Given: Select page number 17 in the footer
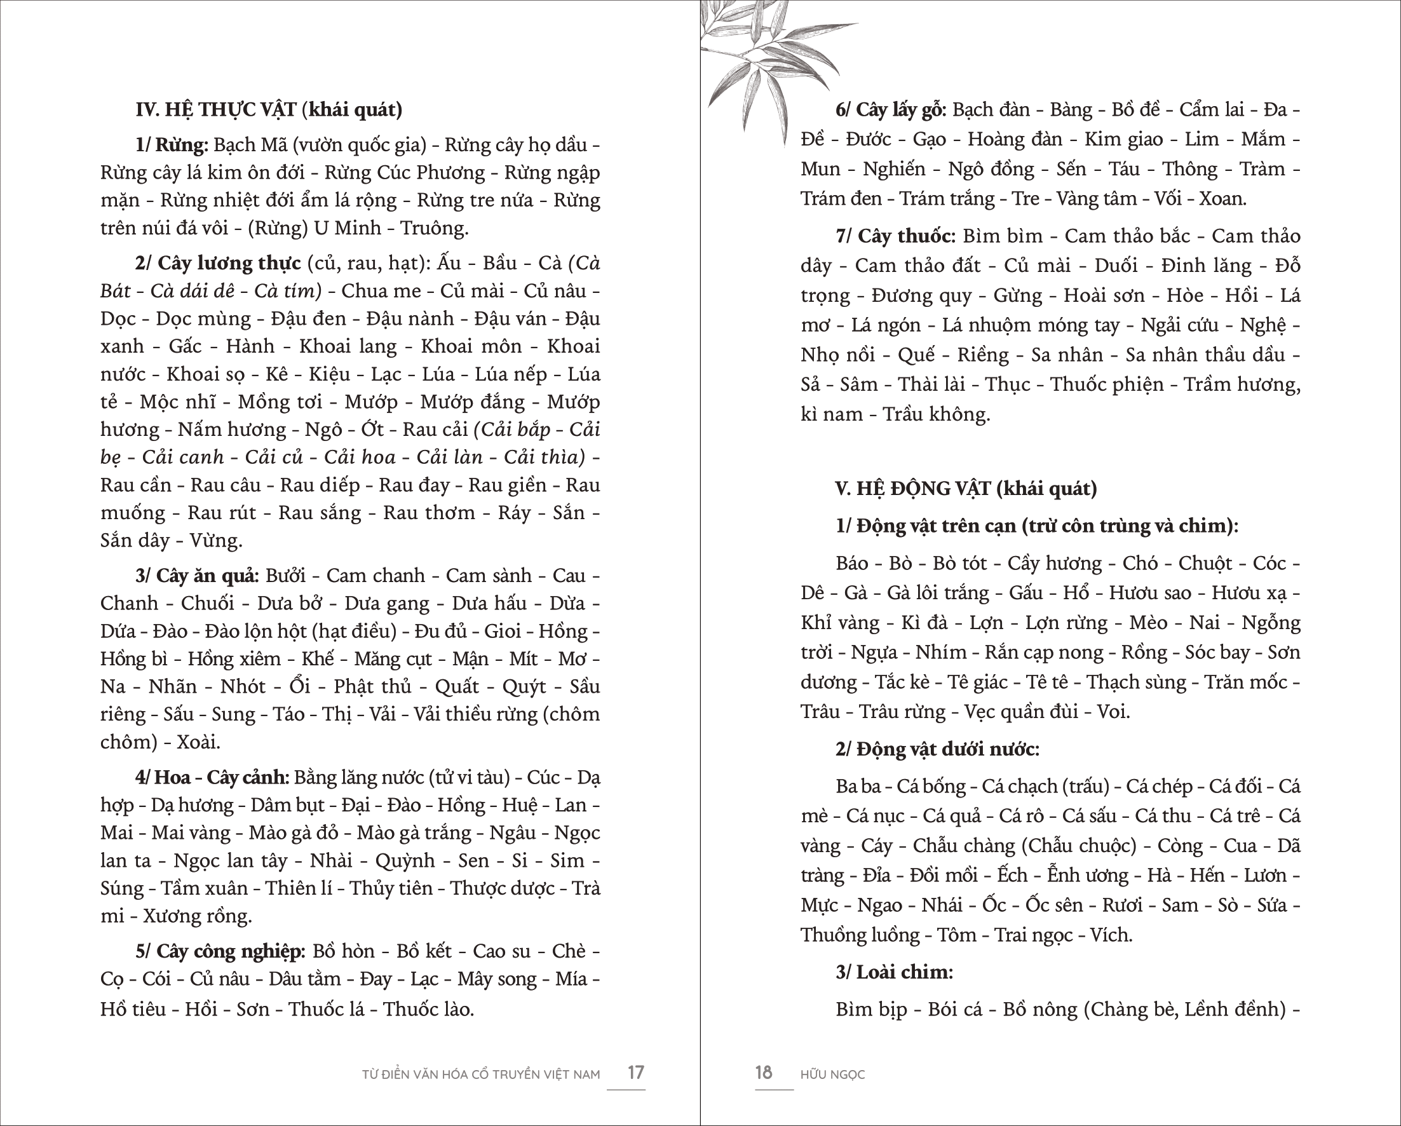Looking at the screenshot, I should [x=635, y=1072].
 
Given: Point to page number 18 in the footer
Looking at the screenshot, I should [x=764, y=1072].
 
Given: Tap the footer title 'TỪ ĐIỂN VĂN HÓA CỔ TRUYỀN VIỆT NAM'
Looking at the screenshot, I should [x=481, y=1075].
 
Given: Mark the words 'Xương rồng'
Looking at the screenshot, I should [x=196, y=916].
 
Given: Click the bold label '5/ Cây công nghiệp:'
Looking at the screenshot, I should [x=220, y=951].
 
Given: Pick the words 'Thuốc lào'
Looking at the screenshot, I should [x=428, y=1009].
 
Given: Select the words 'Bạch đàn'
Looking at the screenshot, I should [x=991, y=109].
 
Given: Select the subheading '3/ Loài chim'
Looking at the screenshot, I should [x=893, y=972].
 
